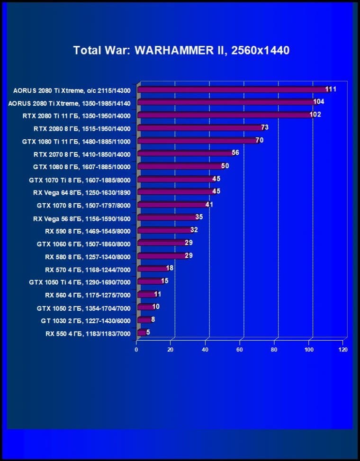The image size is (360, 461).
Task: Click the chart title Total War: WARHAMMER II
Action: coord(181,50)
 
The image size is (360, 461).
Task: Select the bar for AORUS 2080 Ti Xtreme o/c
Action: coord(232,90)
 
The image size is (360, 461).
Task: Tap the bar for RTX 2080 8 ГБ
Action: coord(199,128)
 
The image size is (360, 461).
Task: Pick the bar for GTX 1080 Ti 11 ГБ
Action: coord(197,141)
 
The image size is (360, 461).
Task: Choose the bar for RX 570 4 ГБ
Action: coord(152,269)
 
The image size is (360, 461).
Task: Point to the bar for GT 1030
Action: coord(144,320)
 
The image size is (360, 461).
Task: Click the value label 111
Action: coord(331,89)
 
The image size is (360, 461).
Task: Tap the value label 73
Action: coord(265,127)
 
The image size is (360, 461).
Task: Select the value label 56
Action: coord(235,153)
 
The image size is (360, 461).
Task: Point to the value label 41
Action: coord(209,205)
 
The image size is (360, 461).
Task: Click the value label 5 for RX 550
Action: coord(148,332)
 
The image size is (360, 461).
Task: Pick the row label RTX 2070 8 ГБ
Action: coord(85,154)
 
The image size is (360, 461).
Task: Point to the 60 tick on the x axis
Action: coord(240,350)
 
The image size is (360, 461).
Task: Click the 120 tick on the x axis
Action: coord(343,350)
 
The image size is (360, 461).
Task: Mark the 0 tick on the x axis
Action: coord(136,350)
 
